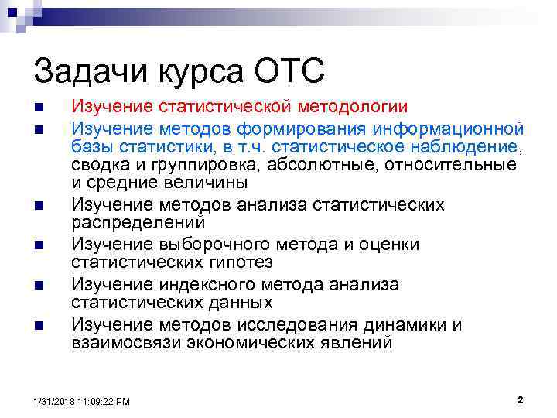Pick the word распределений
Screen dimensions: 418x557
pos(138,223)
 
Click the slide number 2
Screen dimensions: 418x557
pos(520,400)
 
